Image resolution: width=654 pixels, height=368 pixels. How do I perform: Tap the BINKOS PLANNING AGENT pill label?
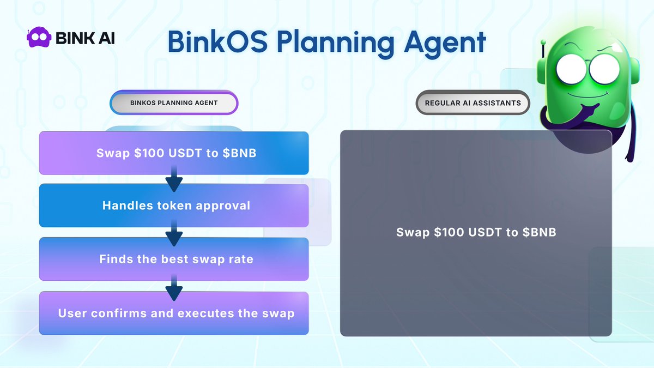(174, 103)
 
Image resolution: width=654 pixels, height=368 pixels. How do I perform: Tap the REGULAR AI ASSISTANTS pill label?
(473, 102)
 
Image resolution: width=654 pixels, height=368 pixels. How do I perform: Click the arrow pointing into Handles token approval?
(174, 180)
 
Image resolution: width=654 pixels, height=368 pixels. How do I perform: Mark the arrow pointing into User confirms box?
(174, 288)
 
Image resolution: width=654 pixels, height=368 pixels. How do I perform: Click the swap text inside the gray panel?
(476, 232)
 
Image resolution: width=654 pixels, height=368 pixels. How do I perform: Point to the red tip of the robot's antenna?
(543, 41)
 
